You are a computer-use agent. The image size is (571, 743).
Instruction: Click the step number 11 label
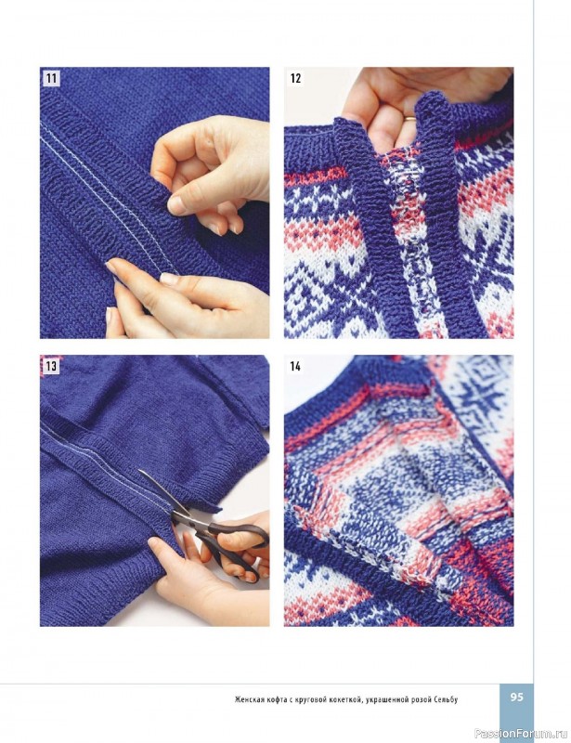(x=51, y=78)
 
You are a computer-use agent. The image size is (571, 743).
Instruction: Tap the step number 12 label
(x=295, y=78)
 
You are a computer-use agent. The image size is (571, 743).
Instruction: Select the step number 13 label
(x=51, y=366)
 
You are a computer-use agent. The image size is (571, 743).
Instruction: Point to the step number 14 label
(x=295, y=366)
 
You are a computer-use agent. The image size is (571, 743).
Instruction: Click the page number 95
(x=517, y=697)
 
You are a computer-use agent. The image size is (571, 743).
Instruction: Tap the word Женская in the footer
(x=249, y=699)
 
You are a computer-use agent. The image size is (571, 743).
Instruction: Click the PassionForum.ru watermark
(x=521, y=733)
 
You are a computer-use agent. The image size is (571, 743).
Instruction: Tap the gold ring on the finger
(x=409, y=118)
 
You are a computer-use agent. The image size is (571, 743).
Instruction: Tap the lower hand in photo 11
(x=185, y=298)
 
